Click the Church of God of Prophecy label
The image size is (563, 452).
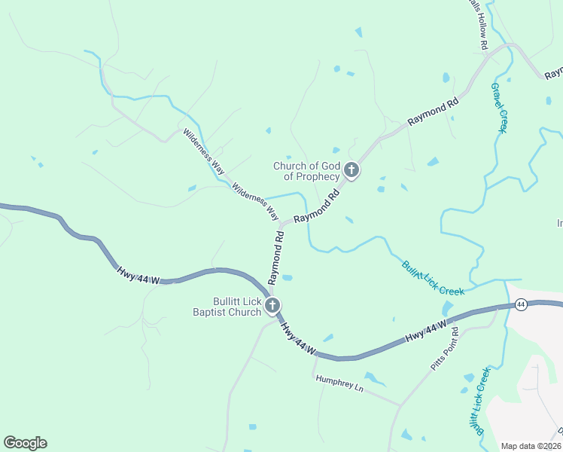[x=306, y=171]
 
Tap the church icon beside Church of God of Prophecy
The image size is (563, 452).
[x=351, y=172]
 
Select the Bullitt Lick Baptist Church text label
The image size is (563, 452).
[x=227, y=306]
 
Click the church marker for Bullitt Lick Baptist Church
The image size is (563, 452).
[x=273, y=305]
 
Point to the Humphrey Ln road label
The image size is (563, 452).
[x=339, y=384]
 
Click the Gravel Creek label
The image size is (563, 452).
[x=499, y=107]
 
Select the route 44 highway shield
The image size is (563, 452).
[x=521, y=304]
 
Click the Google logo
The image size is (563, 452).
[x=25, y=443]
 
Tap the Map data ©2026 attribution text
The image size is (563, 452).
[x=531, y=446]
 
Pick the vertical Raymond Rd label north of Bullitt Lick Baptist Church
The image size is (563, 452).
[x=275, y=257]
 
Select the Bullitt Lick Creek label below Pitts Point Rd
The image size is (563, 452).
[x=478, y=401]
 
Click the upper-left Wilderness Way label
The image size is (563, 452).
[x=204, y=151]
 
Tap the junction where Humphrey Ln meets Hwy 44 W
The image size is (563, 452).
[x=314, y=355]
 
